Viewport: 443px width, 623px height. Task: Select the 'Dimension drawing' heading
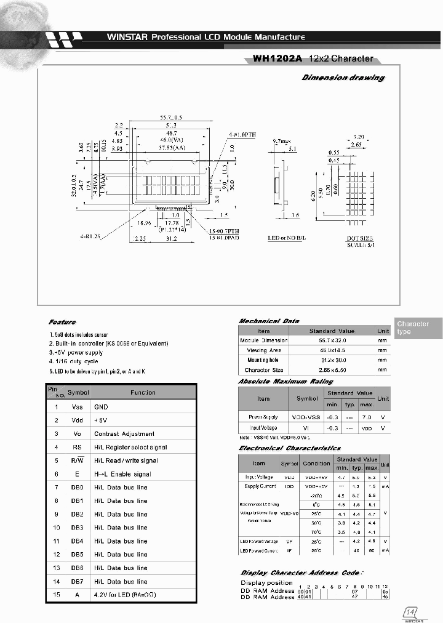(x=343, y=78)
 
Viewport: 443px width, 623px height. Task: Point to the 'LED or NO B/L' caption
(x=287, y=237)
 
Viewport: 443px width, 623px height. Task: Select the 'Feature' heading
(x=62, y=322)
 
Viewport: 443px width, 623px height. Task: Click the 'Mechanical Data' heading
(x=268, y=321)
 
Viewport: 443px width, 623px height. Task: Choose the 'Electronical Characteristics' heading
(x=289, y=448)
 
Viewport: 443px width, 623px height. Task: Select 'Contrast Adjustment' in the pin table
(x=124, y=434)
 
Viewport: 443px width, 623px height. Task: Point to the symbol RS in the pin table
(x=78, y=448)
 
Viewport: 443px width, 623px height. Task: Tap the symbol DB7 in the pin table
(x=78, y=582)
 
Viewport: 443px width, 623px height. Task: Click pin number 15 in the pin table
(x=56, y=595)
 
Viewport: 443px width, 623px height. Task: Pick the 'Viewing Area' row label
(x=263, y=350)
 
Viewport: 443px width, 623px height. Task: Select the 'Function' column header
(x=143, y=392)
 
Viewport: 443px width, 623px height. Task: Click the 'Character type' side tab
(x=413, y=328)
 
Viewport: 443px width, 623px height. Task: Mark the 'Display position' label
(x=266, y=582)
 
